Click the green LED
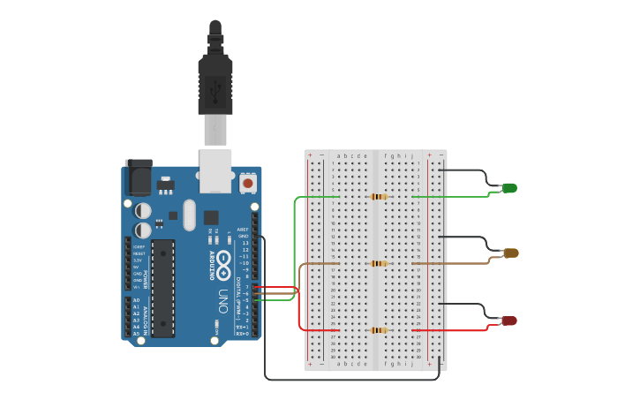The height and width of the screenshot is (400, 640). [509, 188]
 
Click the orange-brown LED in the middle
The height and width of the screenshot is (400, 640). [511, 253]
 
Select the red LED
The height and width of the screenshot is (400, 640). [509, 321]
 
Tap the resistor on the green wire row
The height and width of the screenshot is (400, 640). [379, 196]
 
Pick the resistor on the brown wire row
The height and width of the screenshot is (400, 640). [379, 263]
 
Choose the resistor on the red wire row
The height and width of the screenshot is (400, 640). [379, 330]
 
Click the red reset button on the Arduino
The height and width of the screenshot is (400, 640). [248, 184]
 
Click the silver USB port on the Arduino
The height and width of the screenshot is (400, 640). [215, 170]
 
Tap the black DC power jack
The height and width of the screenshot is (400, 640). [138, 177]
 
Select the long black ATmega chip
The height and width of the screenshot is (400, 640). [163, 288]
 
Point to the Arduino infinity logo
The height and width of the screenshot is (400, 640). [223, 260]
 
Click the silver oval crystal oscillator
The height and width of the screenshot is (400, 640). [189, 215]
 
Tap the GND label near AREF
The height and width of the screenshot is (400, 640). [244, 236]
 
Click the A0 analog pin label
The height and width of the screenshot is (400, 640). [136, 300]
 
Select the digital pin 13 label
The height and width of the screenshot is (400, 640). [245, 243]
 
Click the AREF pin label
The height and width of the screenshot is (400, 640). [243, 229]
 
